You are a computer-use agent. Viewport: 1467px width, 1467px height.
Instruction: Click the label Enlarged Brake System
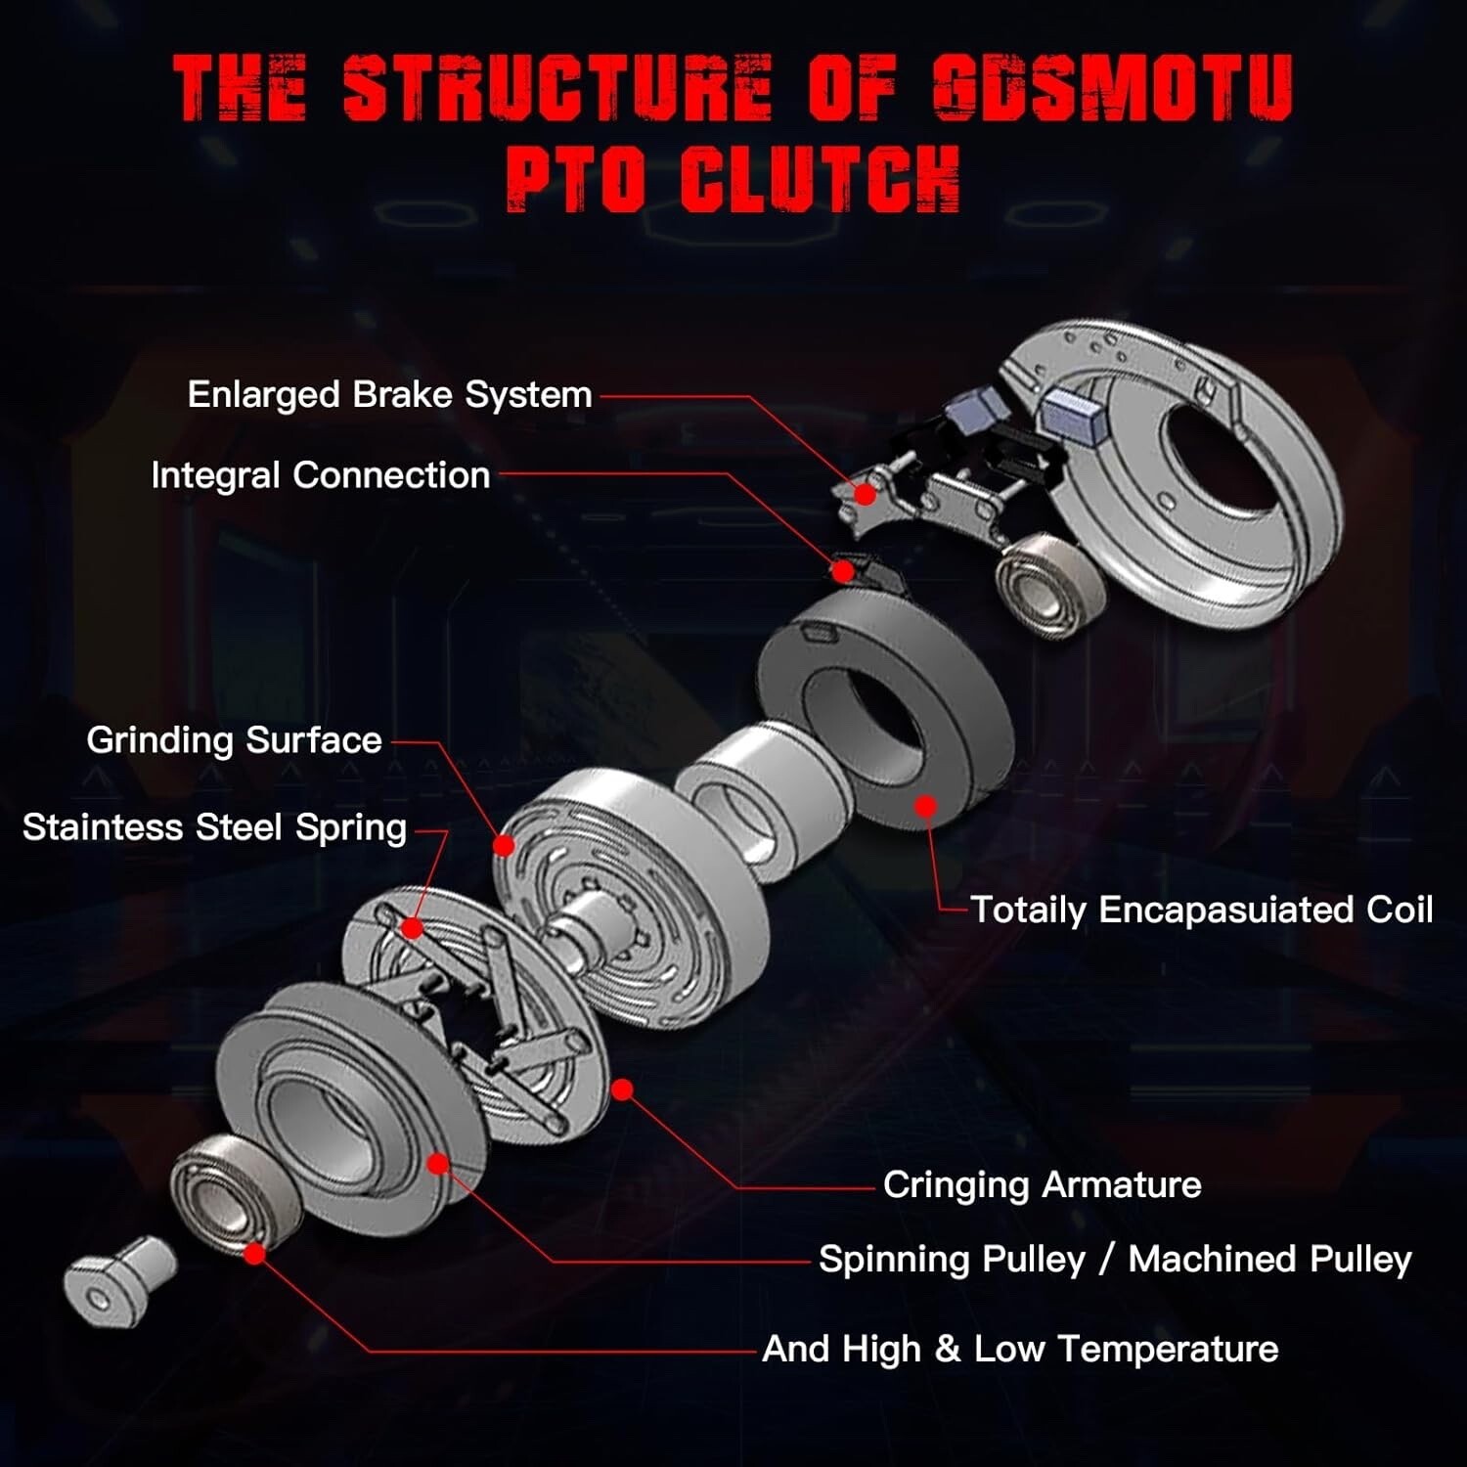tap(389, 395)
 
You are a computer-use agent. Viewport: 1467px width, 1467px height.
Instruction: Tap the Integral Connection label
tap(320, 475)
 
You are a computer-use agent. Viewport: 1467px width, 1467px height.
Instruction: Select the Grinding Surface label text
tap(234, 740)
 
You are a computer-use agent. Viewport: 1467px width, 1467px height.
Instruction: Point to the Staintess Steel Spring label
tap(214, 827)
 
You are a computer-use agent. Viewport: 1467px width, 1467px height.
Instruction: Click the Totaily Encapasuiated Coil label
tap(1201, 910)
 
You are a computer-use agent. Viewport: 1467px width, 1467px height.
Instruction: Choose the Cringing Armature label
tap(1042, 1185)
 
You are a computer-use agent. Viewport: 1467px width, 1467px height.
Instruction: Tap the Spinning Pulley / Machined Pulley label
tap(1115, 1260)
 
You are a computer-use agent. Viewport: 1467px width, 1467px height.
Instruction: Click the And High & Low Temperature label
tap(1020, 1350)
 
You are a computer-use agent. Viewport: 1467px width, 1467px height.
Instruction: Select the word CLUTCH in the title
tap(820, 179)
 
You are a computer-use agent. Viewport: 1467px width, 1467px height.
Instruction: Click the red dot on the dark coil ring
tap(925, 806)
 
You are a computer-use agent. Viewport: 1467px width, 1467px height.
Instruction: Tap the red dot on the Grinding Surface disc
tap(504, 845)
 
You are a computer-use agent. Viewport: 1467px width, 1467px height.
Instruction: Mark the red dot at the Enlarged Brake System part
tap(865, 494)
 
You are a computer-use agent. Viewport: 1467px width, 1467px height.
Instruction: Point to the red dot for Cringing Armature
tap(622, 1089)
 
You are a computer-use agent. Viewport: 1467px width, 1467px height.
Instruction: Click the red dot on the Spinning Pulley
tap(438, 1164)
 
